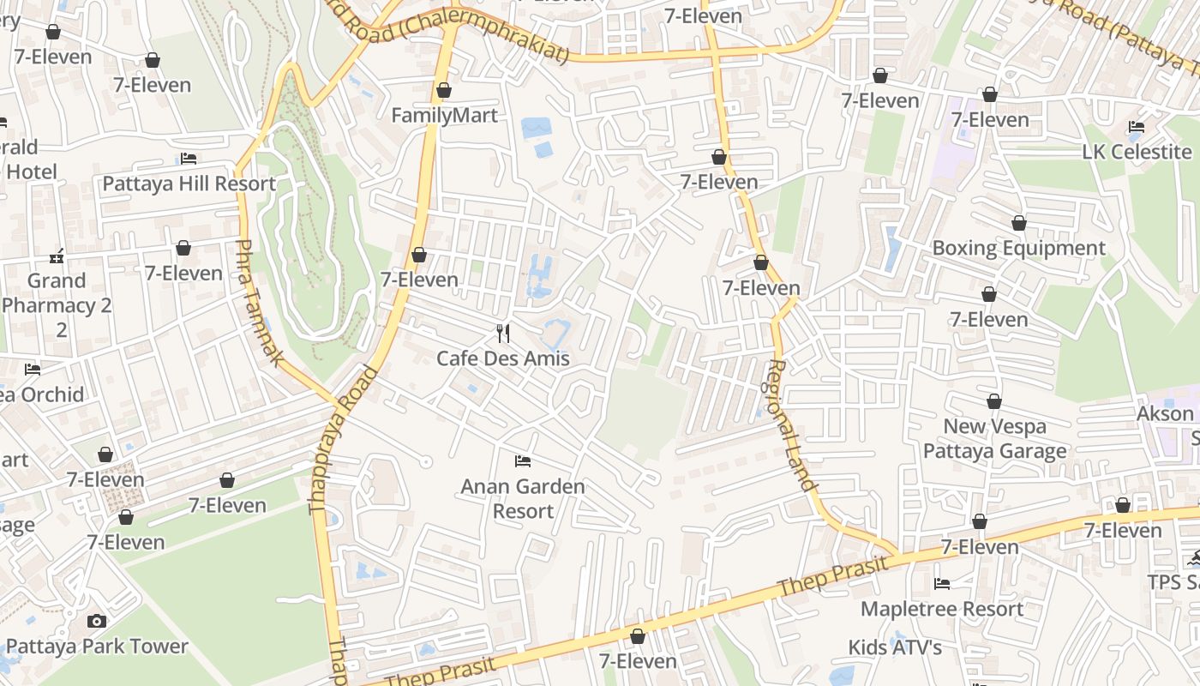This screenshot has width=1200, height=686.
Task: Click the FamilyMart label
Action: [x=444, y=115]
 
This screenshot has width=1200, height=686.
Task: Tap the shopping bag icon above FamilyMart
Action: [x=444, y=90]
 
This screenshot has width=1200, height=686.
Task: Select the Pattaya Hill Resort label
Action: [x=189, y=184]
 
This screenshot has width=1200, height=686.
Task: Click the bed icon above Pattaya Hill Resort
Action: [x=189, y=159]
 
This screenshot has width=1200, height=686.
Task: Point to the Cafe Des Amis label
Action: [x=503, y=358]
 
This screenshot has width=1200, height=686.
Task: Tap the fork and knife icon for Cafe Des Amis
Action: [x=503, y=333]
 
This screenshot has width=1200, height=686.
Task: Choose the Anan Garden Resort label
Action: [x=523, y=498]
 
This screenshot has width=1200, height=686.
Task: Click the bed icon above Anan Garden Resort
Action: [x=522, y=461]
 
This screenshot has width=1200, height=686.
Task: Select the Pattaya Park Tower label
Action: [x=97, y=646]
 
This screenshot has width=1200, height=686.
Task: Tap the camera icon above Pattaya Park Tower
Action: [x=97, y=621]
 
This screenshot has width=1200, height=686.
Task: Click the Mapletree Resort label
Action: [x=942, y=609]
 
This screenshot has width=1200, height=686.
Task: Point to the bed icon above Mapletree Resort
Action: [x=942, y=584]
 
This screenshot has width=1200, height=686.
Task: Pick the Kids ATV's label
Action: [x=895, y=647]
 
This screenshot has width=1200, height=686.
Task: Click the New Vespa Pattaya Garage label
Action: [x=995, y=438]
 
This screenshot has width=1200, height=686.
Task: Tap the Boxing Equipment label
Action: [x=1019, y=248]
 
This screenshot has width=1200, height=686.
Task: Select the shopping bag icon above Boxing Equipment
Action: [x=1019, y=224]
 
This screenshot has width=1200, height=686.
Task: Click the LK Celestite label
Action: [x=1137, y=152]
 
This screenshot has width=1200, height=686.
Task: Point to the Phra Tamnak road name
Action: [x=258, y=303]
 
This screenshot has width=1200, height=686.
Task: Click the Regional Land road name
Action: [x=790, y=424]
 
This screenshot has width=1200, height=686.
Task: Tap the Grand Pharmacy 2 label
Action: [x=57, y=304]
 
